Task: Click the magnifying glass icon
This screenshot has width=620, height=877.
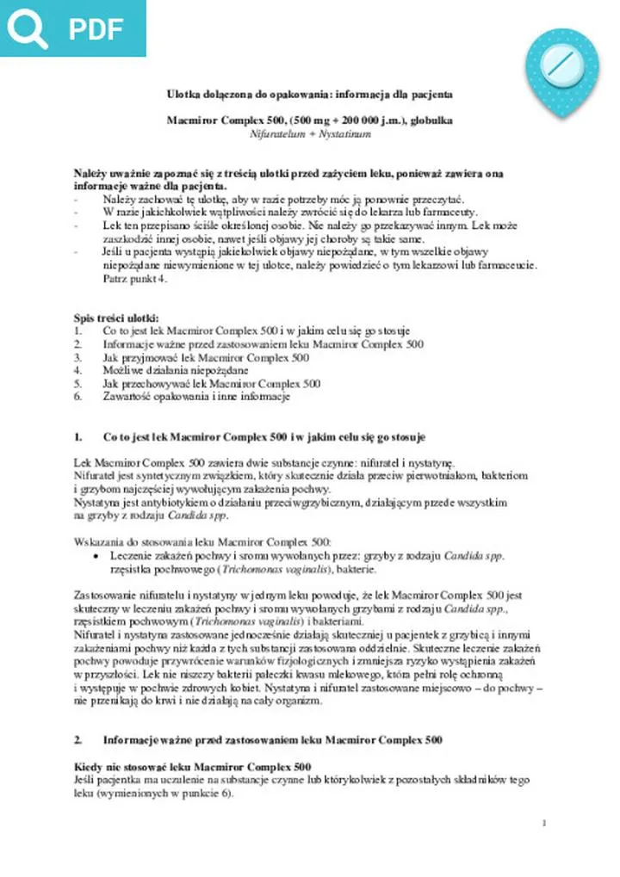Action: coord(28,28)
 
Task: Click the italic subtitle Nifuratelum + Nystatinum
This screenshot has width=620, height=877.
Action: coord(310,135)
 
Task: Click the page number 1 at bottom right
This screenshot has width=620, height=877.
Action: coord(544,824)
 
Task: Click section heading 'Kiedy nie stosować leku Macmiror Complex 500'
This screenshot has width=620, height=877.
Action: coord(193,766)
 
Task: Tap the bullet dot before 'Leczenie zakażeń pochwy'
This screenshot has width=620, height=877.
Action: coord(93,557)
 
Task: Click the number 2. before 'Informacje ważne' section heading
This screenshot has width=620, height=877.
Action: coord(78,739)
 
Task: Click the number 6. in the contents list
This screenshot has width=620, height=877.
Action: coord(78,397)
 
